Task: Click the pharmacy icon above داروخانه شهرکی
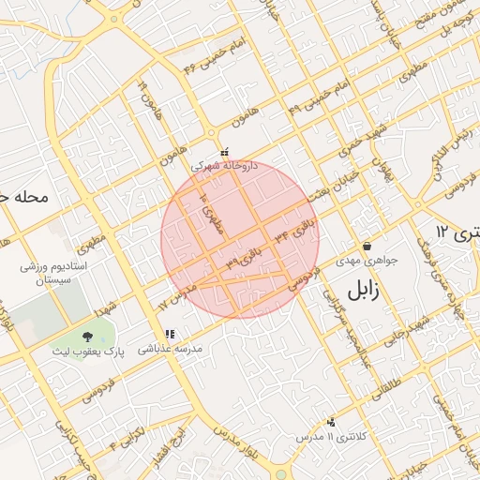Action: (224, 151)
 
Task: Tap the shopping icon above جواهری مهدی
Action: (367, 245)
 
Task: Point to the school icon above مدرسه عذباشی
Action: (170, 334)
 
